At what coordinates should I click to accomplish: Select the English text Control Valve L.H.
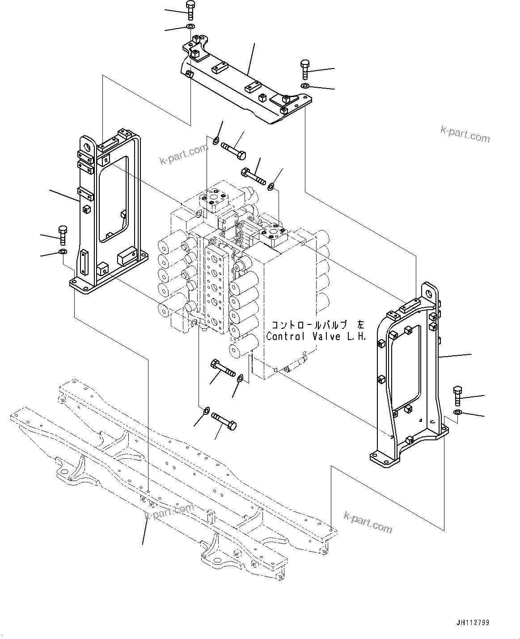pos(316,337)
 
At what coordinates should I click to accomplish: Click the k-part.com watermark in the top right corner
pos(465,134)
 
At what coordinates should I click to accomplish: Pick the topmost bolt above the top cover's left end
pos(190,9)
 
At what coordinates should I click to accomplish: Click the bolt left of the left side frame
pos(63,234)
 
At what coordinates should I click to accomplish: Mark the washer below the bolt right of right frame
pos(458,412)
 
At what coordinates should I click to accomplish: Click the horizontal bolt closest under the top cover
pos(233,151)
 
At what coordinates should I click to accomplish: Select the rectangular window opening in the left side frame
pos(114,199)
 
